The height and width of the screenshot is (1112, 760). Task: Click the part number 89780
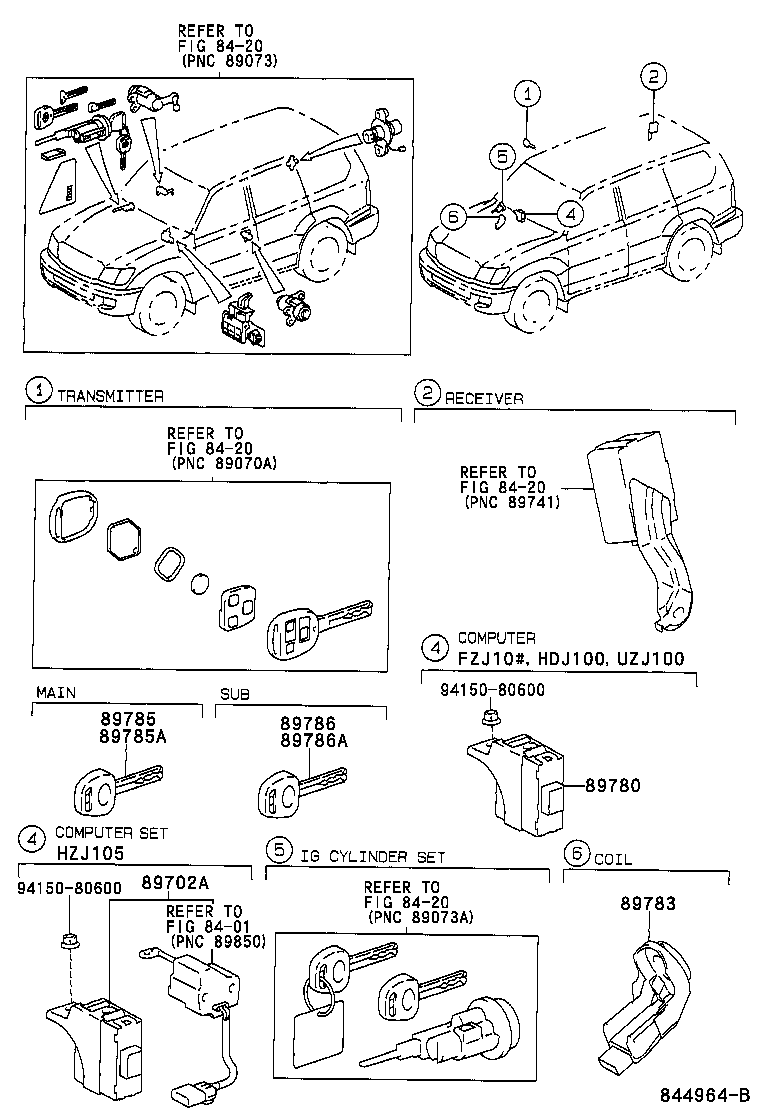click(608, 786)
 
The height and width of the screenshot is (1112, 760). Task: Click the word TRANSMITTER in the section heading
click(109, 396)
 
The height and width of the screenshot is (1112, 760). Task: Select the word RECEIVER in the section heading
click(484, 398)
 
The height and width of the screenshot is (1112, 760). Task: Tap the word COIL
click(613, 858)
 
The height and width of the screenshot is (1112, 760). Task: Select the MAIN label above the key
click(57, 692)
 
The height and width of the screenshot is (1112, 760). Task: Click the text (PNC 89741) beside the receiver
click(511, 503)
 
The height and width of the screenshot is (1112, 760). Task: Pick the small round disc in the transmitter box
click(200, 583)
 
